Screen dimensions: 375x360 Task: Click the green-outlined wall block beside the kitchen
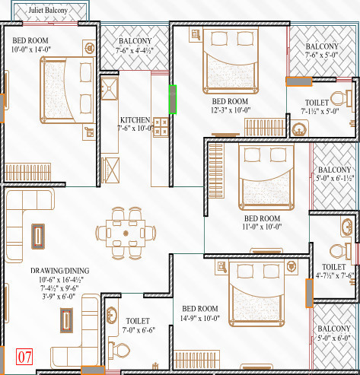pyautogui.click(x=173, y=99)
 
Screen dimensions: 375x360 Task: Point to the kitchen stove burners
pyautogui.click(x=161, y=125)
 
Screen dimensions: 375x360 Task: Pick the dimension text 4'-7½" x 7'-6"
pyautogui.click(x=334, y=275)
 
